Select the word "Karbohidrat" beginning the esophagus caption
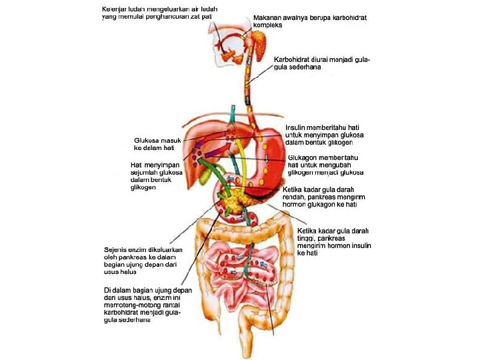[291, 59]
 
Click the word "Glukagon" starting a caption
[301, 157]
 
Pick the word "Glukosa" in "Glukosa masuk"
[147, 141]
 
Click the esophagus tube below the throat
[248, 80]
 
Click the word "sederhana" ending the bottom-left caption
[135, 319]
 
